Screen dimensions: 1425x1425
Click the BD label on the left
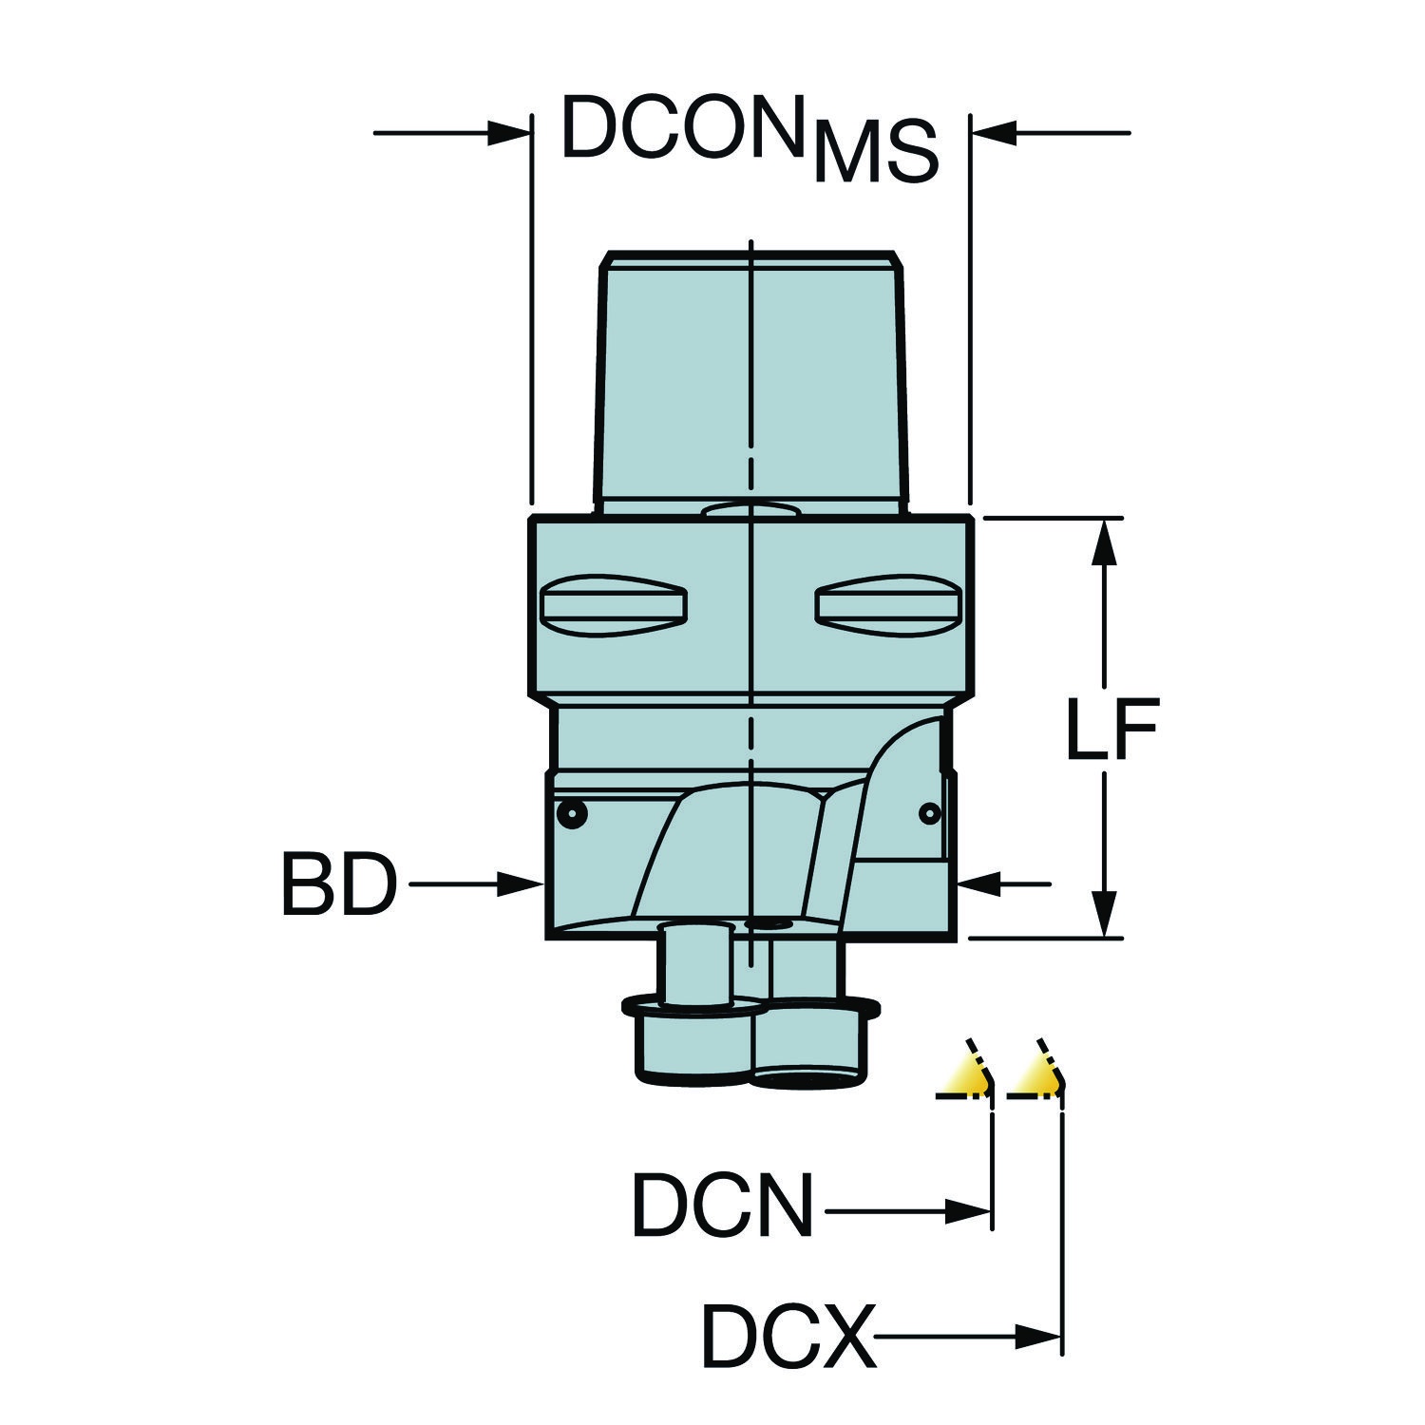[338, 885]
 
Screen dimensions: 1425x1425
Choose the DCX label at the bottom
[788, 1338]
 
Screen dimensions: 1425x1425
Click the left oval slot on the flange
[613, 604]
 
